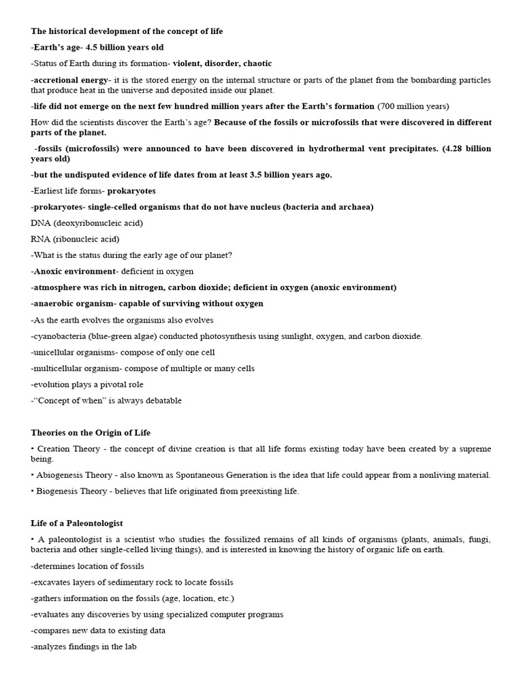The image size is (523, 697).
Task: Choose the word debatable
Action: click(x=160, y=401)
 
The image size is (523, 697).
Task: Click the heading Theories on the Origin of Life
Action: click(x=91, y=433)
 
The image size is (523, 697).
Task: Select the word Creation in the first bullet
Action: click(x=54, y=449)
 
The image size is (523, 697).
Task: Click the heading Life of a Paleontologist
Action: click(x=77, y=523)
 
